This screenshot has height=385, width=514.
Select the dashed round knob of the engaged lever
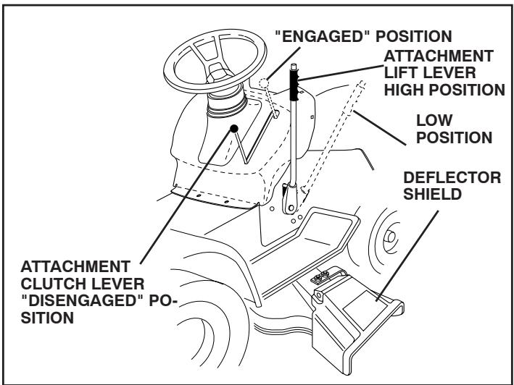tap(267, 81)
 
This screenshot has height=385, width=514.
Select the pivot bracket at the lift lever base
tap(291, 200)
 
